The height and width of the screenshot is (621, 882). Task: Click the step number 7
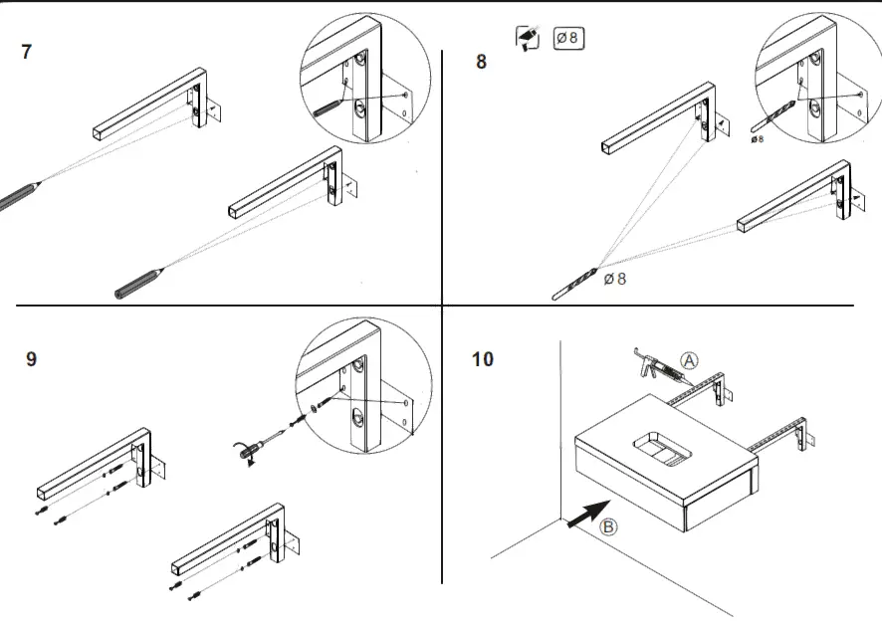pos(26,53)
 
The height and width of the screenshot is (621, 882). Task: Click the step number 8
pos(482,62)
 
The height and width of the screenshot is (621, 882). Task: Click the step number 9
pos(31,358)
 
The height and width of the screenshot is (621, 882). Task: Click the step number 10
pos(482,358)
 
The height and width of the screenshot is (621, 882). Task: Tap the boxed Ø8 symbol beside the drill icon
pos(568,39)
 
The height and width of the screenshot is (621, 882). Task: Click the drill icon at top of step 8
pos(528,39)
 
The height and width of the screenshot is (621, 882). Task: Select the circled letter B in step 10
pos(610,528)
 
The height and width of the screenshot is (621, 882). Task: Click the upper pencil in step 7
pos(20,193)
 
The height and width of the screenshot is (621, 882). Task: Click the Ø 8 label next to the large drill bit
pos(615,280)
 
